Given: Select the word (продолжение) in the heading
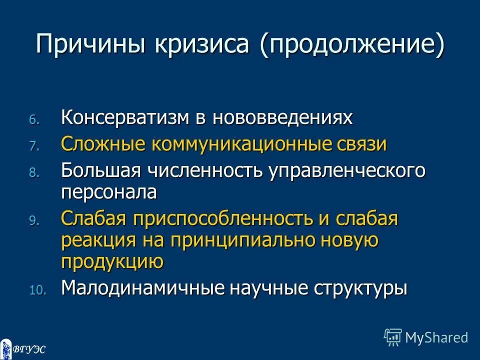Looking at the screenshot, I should (x=351, y=45).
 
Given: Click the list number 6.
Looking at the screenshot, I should (x=32, y=120).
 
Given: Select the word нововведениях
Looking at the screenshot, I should (x=283, y=118).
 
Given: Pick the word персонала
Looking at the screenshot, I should (x=109, y=192).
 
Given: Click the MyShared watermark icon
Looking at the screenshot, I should (x=393, y=337).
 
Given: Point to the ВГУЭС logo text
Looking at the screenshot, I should (x=28, y=349).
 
